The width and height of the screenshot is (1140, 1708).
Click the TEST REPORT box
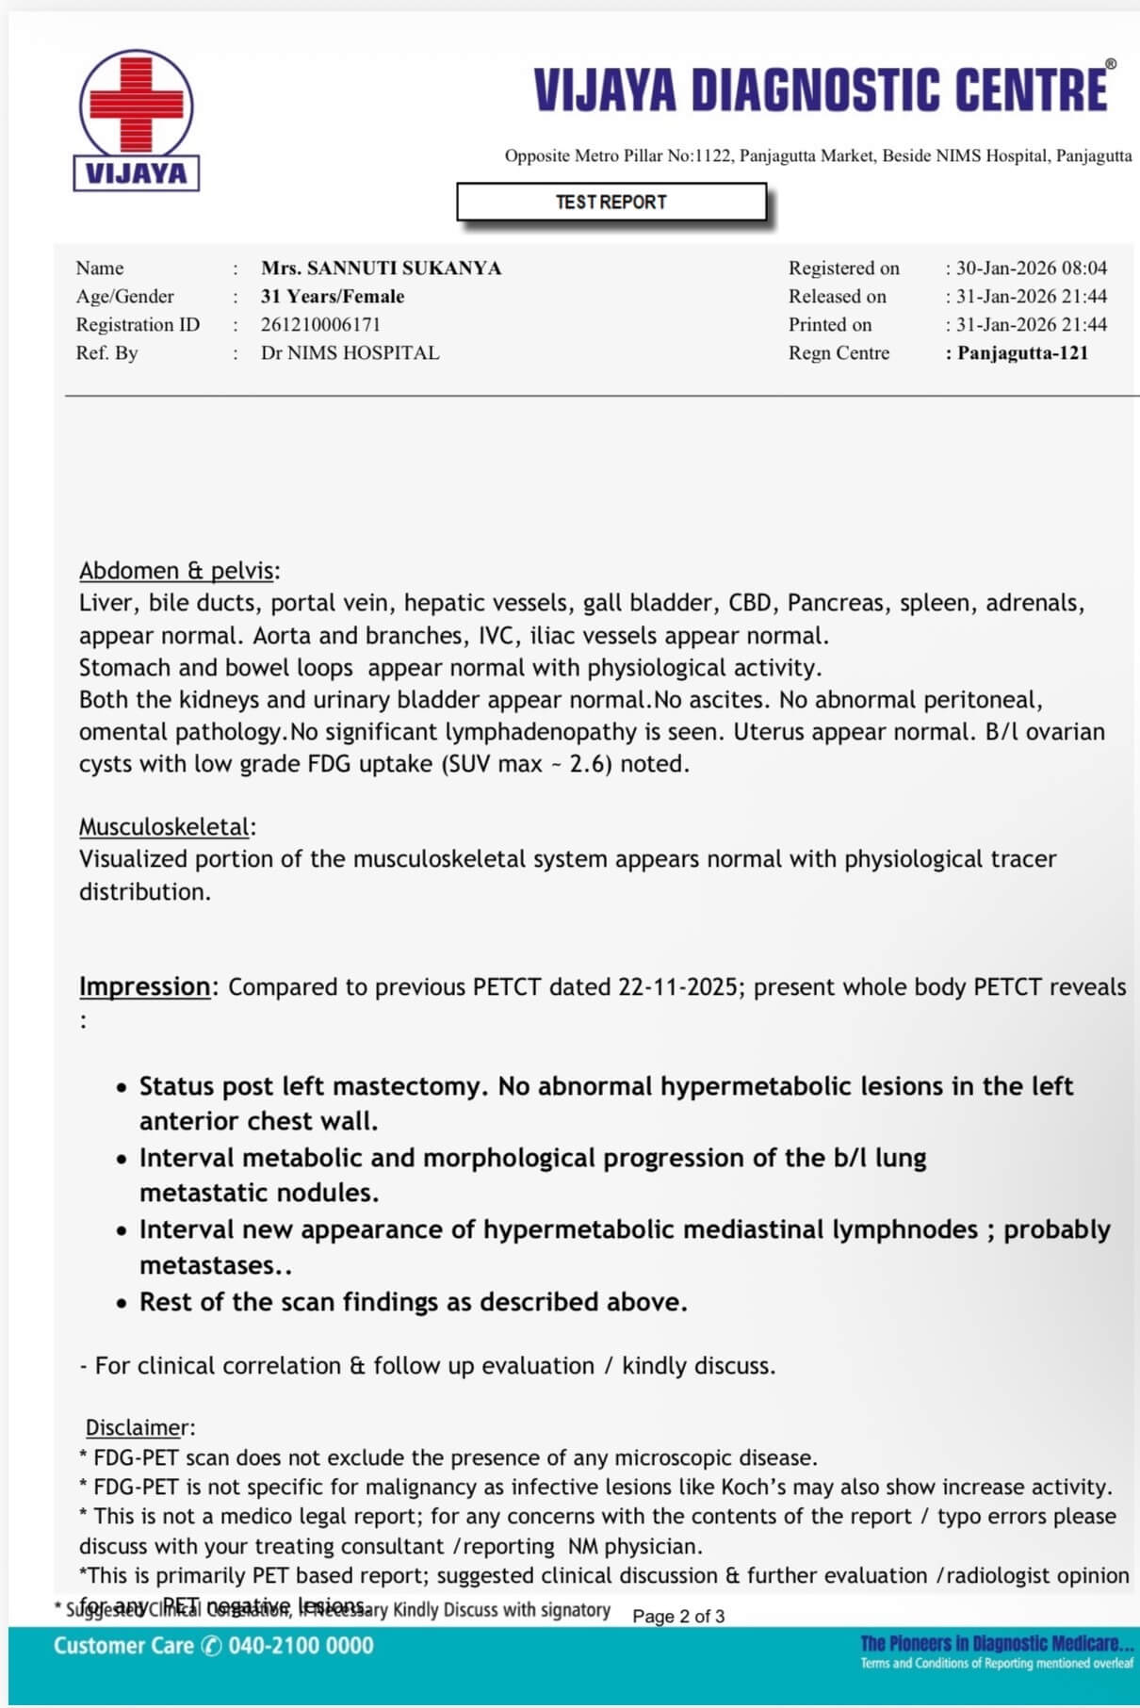[611, 202]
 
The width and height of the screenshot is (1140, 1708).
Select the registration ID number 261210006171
[320, 324]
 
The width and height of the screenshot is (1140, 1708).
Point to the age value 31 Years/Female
[333, 296]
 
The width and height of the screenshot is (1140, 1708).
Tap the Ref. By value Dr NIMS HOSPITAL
[350, 352]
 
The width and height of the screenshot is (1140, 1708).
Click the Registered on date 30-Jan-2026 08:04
[1032, 268]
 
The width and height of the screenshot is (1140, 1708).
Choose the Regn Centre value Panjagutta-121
[1022, 352]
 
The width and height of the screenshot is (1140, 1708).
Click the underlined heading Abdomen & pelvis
[177, 570]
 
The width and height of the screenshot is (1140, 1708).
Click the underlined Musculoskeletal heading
[165, 826]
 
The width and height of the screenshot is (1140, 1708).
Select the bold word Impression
[144, 986]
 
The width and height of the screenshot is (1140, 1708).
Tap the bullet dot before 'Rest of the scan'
[122, 1303]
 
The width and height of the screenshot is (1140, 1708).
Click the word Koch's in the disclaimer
[756, 1487]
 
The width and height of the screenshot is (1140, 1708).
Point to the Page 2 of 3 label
[678, 1616]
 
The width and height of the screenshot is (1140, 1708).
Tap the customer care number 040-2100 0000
[301, 1646]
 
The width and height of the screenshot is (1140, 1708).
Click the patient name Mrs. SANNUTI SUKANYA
[381, 268]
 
